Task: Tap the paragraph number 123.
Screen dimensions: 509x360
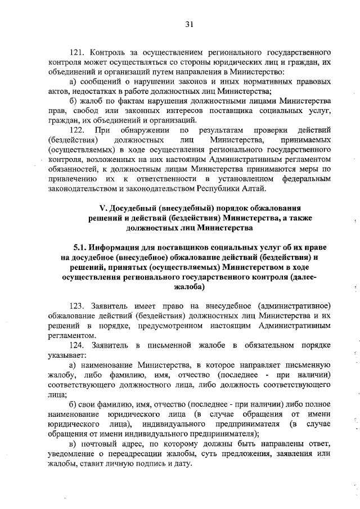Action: tap(78, 305)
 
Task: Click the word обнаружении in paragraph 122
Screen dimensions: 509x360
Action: tap(143, 130)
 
